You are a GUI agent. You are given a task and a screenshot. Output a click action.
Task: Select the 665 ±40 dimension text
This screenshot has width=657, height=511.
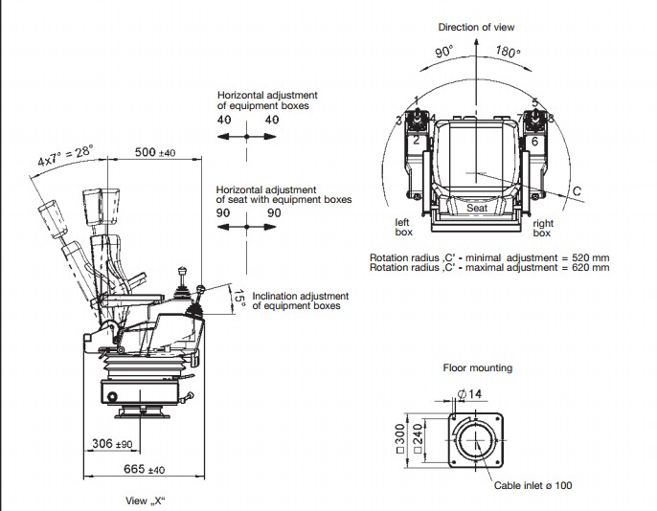(x=146, y=469)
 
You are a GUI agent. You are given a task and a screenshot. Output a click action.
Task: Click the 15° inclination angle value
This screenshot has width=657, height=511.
(x=240, y=300)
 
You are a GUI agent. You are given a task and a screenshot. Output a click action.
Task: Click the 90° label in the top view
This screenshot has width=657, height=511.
(x=444, y=54)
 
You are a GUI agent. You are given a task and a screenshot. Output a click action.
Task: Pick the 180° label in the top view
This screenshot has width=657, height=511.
(x=508, y=52)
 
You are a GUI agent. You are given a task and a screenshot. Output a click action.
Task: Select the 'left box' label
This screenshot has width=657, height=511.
(x=403, y=228)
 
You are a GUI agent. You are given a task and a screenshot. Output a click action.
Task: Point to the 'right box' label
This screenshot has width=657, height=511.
(x=542, y=228)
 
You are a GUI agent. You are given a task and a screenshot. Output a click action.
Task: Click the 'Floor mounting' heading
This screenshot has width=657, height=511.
(x=477, y=367)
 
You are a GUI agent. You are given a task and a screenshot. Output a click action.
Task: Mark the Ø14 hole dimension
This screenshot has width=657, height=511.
(x=468, y=393)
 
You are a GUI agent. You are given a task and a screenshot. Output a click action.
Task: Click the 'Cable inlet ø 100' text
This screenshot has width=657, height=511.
(x=532, y=486)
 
